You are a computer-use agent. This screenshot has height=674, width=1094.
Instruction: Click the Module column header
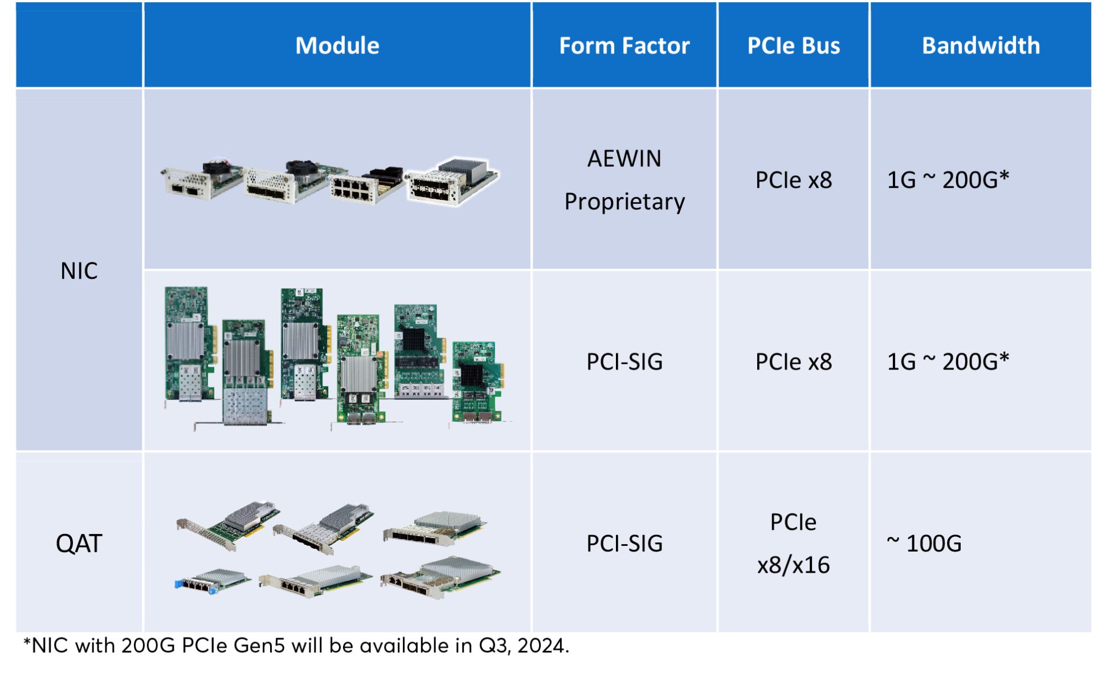337,46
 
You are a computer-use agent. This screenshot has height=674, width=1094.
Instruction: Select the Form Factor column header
624,46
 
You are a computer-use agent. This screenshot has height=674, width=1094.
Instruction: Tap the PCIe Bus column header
793,46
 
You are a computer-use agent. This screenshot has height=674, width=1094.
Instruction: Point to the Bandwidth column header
981,46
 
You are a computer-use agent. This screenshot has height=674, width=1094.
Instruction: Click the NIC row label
79,271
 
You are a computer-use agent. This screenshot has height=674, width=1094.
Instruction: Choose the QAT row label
79,544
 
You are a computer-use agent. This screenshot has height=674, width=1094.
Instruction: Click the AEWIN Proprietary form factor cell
624,180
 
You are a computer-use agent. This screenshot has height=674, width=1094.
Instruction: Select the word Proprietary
624,202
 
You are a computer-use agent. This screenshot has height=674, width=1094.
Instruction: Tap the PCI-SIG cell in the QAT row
624,544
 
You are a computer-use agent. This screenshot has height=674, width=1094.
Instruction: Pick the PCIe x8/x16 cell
793,544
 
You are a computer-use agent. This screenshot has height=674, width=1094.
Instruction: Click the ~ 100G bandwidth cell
924,544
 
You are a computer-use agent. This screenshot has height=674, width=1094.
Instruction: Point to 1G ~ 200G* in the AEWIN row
948,180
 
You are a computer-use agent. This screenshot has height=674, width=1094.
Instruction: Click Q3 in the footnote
493,646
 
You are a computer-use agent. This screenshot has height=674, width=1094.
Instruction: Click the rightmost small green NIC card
477,383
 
